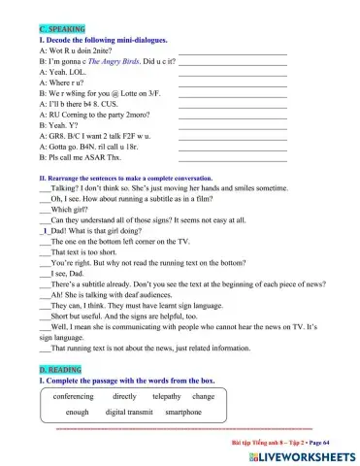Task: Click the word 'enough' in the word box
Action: [x=71, y=413]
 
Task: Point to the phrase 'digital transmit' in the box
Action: [x=130, y=413]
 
